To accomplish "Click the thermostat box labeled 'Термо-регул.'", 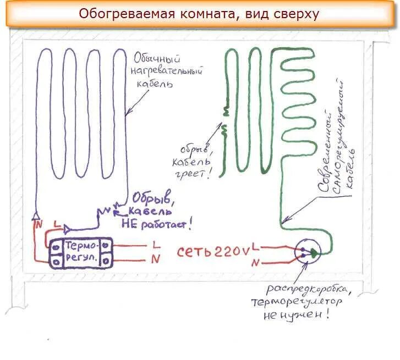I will tap(81, 252).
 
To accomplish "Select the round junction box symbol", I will tap(307, 252).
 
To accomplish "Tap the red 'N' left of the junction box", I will tap(255, 263).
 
